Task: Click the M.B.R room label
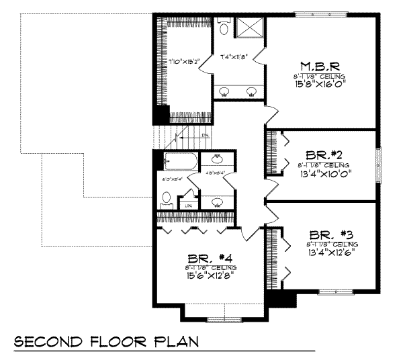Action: pos(314,66)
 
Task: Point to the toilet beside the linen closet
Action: pos(166,199)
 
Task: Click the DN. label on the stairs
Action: pos(206,135)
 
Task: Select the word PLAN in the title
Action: pos(176,342)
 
